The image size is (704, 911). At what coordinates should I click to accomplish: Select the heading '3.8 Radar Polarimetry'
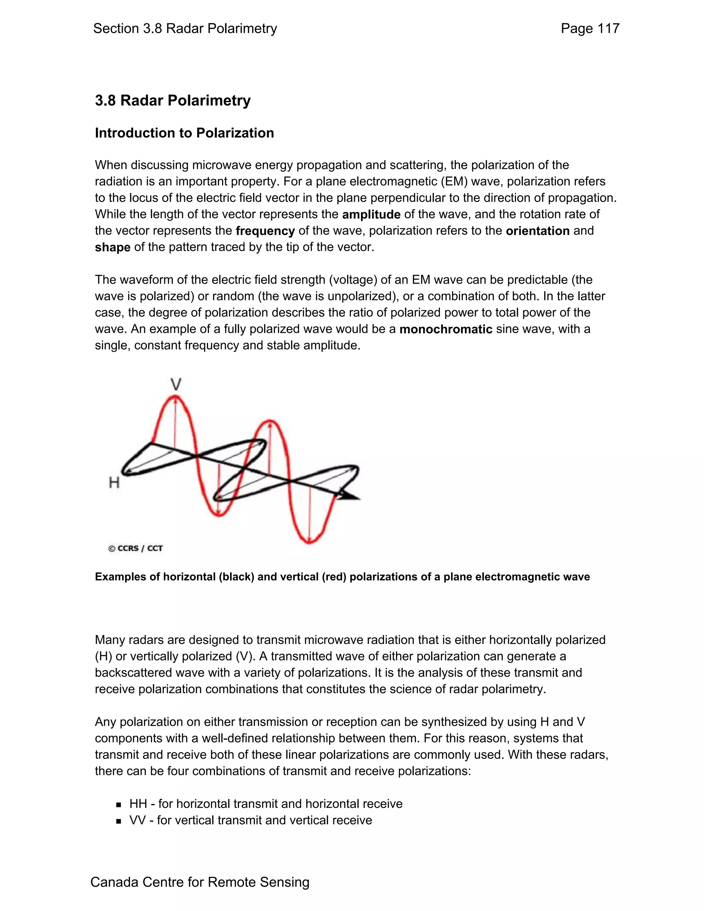click(x=173, y=100)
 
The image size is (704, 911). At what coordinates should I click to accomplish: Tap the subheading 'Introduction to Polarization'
click(x=184, y=133)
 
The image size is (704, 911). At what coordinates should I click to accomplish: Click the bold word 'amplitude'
click(x=371, y=215)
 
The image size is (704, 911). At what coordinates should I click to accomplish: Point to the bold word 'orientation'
click(x=537, y=231)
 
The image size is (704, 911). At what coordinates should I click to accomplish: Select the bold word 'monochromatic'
click(x=445, y=329)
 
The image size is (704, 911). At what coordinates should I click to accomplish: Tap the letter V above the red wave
click(x=176, y=384)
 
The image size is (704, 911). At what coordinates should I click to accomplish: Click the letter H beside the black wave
click(x=114, y=483)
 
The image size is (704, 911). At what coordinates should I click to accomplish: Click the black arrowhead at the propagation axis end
click(x=350, y=496)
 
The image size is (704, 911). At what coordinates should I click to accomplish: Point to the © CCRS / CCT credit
click(x=135, y=549)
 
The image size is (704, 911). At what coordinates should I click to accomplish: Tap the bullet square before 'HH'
click(x=119, y=804)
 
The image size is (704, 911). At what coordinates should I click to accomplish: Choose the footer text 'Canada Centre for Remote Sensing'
click(x=200, y=882)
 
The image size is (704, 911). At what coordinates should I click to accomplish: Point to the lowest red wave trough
click(x=309, y=542)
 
